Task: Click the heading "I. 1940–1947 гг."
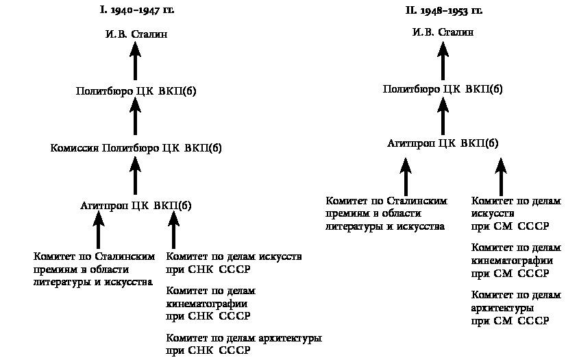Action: click(x=136, y=11)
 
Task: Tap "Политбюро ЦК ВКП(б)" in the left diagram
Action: click(x=136, y=91)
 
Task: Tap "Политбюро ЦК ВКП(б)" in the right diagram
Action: click(x=443, y=88)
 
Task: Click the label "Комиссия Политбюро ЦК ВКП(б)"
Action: click(x=136, y=147)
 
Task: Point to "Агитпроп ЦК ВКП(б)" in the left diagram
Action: click(x=136, y=204)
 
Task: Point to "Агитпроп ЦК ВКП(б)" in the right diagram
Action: click(x=443, y=144)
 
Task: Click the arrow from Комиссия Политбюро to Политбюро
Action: click(x=136, y=119)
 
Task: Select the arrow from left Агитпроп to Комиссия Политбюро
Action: click(x=136, y=176)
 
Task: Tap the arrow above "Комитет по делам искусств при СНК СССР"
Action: click(x=174, y=229)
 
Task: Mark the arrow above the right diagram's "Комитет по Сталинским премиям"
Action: click(x=406, y=176)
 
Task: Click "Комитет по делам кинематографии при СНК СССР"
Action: click(x=208, y=304)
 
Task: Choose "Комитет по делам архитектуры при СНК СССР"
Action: click(x=244, y=344)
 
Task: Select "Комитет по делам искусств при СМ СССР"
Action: click(x=516, y=213)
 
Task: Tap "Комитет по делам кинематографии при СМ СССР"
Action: click(x=516, y=261)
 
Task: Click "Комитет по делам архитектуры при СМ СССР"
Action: click(x=516, y=308)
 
